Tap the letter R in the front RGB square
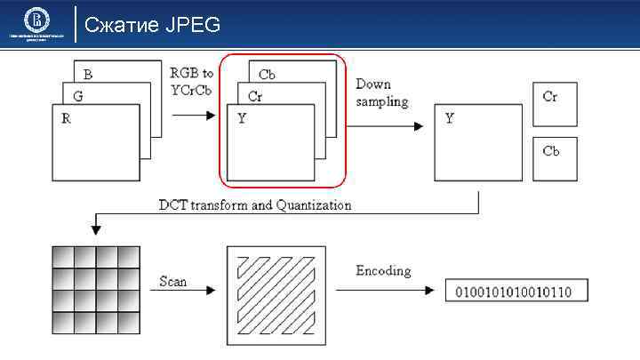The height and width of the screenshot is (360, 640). click(66, 118)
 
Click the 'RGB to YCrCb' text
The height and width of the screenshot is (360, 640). click(192, 80)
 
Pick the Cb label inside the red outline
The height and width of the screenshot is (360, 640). click(266, 76)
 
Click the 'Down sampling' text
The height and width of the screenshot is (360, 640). click(382, 92)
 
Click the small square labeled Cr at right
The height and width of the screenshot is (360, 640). click(555, 105)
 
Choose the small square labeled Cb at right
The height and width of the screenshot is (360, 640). click(555, 158)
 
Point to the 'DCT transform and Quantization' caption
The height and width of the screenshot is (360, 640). click(255, 205)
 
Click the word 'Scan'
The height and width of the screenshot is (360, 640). click(172, 281)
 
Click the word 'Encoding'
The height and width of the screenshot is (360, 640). click(384, 270)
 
